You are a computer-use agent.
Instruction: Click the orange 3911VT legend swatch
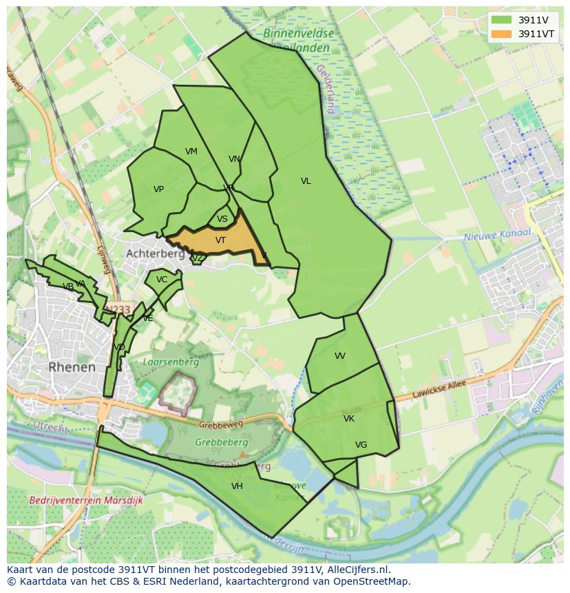pyautogui.click(x=501, y=34)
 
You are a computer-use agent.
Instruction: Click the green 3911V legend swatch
pyautogui.click(x=501, y=20)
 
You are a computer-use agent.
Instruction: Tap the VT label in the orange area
pyautogui.click(x=220, y=240)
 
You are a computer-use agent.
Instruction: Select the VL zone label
pyautogui.click(x=306, y=181)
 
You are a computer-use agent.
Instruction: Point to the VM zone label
pyautogui.click(x=191, y=152)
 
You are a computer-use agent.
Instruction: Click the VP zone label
pyautogui.click(x=158, y=189)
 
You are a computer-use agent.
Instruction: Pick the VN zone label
pyautogui.click(x=234, y=159)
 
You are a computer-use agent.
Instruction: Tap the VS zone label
pyautogui.click(x=222, y=220)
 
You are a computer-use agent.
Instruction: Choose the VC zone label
pyautogui.click(x=162, y=280)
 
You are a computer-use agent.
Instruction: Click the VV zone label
pyautogui.click(x=339, y=356)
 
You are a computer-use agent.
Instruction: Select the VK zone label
pyautogui.click(x=348, y=419)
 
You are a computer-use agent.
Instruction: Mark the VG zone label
pyautogui.click(x=361, y=445)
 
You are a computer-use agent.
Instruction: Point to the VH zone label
pyautogui.click(x=237, y=486)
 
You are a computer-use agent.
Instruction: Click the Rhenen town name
pyautogui.click(x=72, y=367)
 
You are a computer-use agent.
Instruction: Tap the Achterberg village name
pyautogui.click(x=155, y=253)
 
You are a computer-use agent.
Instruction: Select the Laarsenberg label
pyautogui.click(x=171, y=362)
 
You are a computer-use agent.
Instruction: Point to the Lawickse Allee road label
pyautogui.click(x=439, y=389)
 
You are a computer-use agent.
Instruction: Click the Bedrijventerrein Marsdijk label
pyautogui.click(x=86, y=500)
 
